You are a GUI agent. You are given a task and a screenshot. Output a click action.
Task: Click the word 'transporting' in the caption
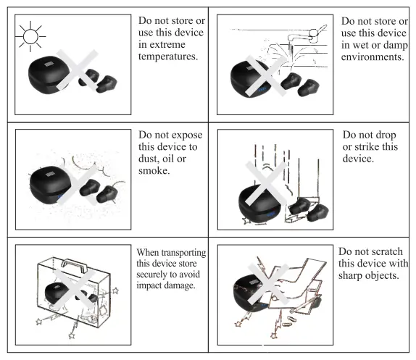[x=178, y=252]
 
